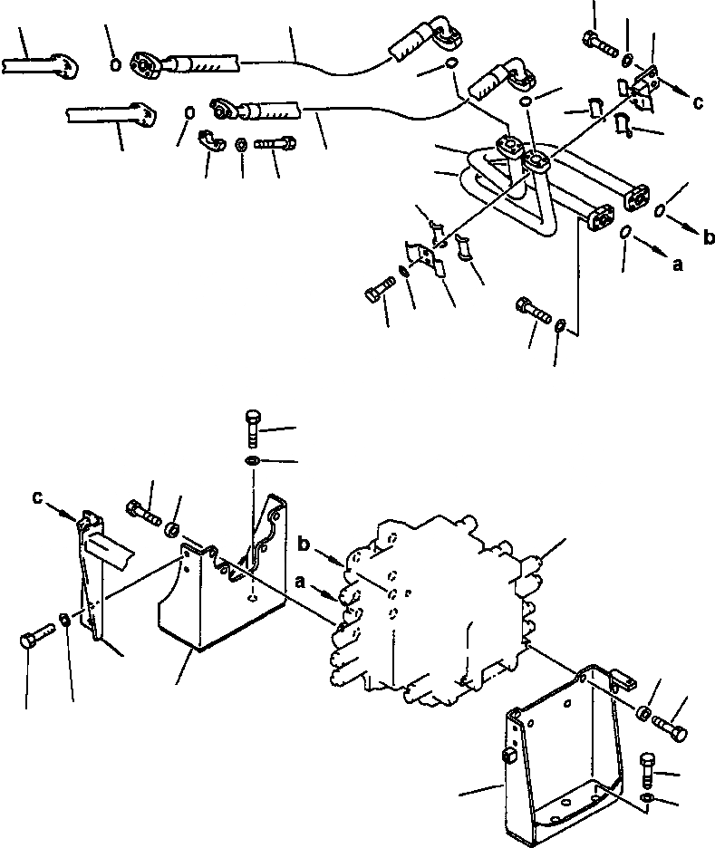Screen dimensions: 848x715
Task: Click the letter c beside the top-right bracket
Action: click(x=697, y=102)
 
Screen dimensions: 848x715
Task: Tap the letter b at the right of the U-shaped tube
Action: click(x=708, y=237)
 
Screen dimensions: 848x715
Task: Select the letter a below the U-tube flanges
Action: click(x=677, y=265)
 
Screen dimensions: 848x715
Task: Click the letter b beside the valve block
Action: click(x=304, y=545)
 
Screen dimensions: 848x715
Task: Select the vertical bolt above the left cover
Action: click(x=253, y=427)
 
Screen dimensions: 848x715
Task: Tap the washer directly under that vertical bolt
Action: click(x=251, y=463)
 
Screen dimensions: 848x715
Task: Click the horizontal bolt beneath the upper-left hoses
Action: click(x=274, y=143)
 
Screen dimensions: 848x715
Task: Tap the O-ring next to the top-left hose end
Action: click(x=115, y=63)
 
